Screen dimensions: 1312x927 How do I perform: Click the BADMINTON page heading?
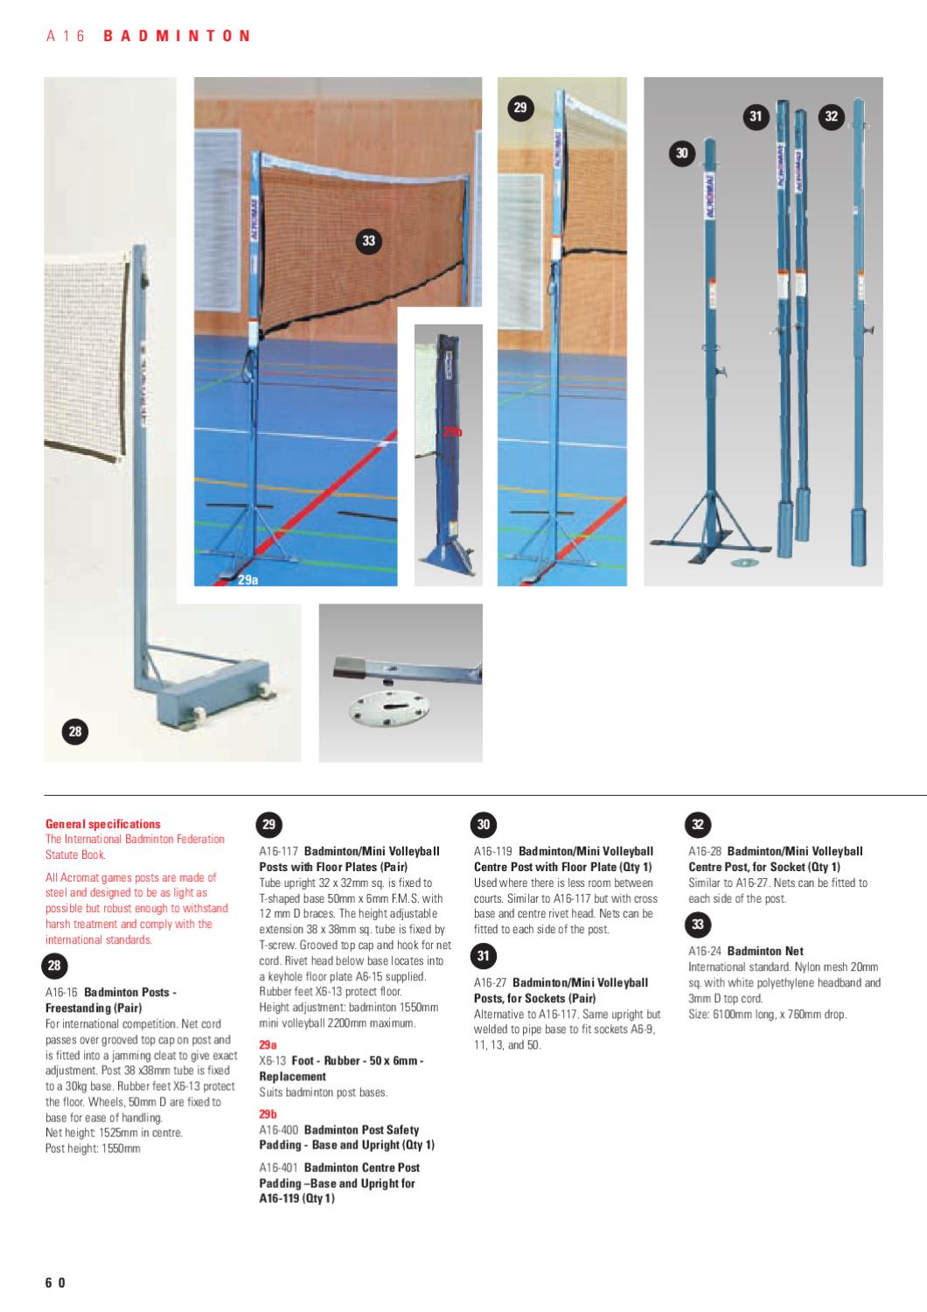click(178, 36)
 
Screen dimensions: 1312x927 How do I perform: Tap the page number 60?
click(56, 1283)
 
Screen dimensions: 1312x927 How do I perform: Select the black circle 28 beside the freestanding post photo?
click(74, 732)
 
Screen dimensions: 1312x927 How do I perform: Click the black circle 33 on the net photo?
click(368, 241)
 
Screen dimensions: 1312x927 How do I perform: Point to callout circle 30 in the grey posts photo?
click(682, 153)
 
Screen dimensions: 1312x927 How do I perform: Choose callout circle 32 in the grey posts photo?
click(831, 116)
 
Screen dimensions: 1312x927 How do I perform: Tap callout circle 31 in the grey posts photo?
click(756, 116)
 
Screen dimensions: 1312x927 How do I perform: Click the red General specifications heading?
click(103, 824)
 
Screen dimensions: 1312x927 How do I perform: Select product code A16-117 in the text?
click(279, 851)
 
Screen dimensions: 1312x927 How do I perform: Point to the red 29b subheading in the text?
click(268, 1114)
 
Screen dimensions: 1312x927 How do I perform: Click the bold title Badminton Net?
click(765, 951)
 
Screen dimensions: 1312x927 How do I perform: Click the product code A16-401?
click(279, 1168)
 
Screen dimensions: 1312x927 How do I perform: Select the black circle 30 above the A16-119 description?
click(484, 824)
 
